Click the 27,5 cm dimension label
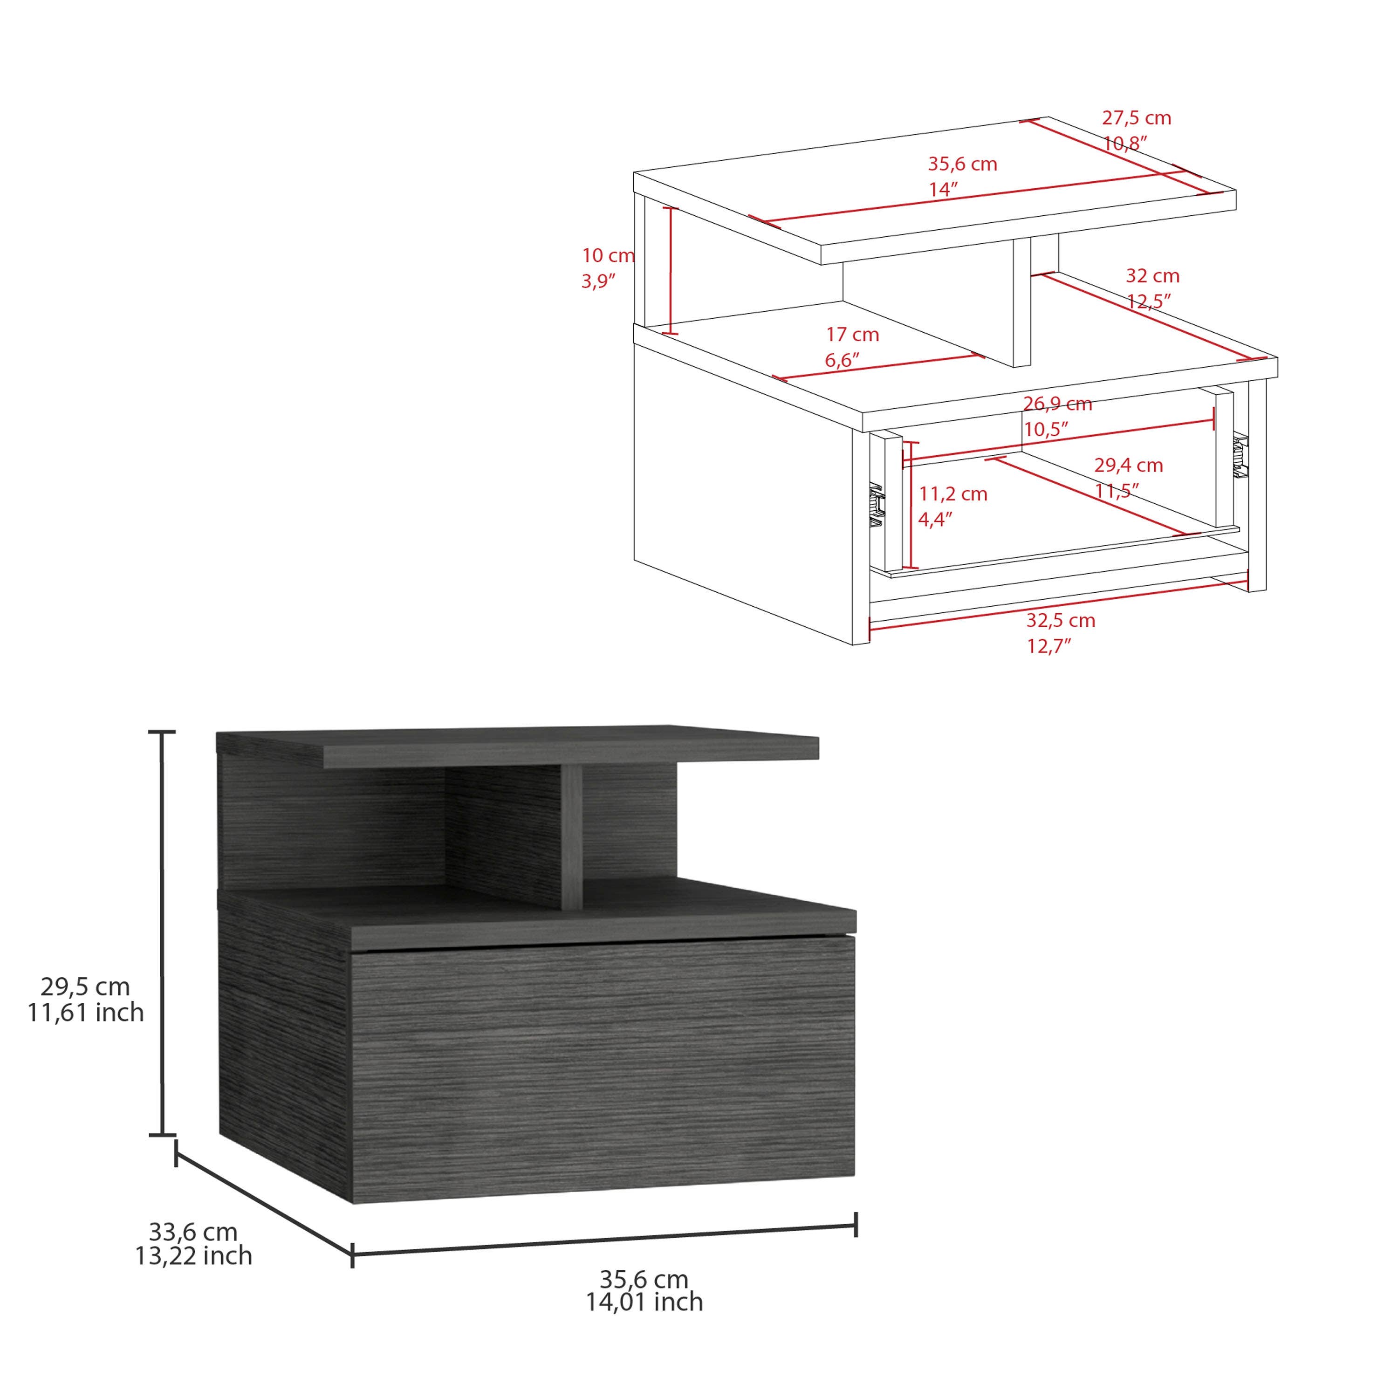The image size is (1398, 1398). point(1136,118)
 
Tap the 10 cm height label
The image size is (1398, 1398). point(608,255)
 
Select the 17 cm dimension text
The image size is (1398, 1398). point(852,335)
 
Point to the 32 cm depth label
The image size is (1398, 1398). point(1152,276)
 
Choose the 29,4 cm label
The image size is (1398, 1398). point(1128,465)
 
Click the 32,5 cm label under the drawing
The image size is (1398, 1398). point(1060,620)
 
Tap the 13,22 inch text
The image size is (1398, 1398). point(193,1255)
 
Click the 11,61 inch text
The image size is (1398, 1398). point(85,1012)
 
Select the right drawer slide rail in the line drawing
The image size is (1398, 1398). point(1241,457)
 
